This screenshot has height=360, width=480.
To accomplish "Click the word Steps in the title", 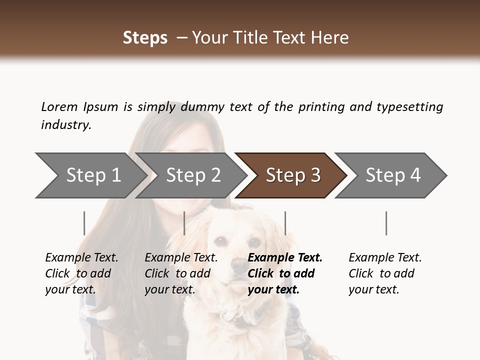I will pyautogui.click(x=145, y=38).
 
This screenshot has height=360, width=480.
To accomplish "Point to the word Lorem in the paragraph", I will pyautogui.click(x=59, y=107).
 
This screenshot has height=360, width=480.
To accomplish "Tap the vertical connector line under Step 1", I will pyautogui.click(x=84, y=223).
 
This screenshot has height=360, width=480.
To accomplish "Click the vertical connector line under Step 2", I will pyautogui.click(x=184, y=223).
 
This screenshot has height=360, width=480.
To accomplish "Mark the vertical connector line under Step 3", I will pyautogui.click(x=285, y=223).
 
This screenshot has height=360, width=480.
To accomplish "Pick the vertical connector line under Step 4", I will pyautogui.click(x=386, y=223).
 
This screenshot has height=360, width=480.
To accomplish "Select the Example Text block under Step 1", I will pyautogui.click(x=81, y=273).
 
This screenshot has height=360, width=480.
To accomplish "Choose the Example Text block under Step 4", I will pyautogui.click(x=384, y=273).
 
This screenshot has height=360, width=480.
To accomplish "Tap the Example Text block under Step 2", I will pyautogui.click(x=180, y=273).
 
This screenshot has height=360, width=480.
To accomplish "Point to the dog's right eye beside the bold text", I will pyautogui.click(x=255, y=243).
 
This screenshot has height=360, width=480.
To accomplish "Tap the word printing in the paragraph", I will pyautogui.click(x=322, y=107).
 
